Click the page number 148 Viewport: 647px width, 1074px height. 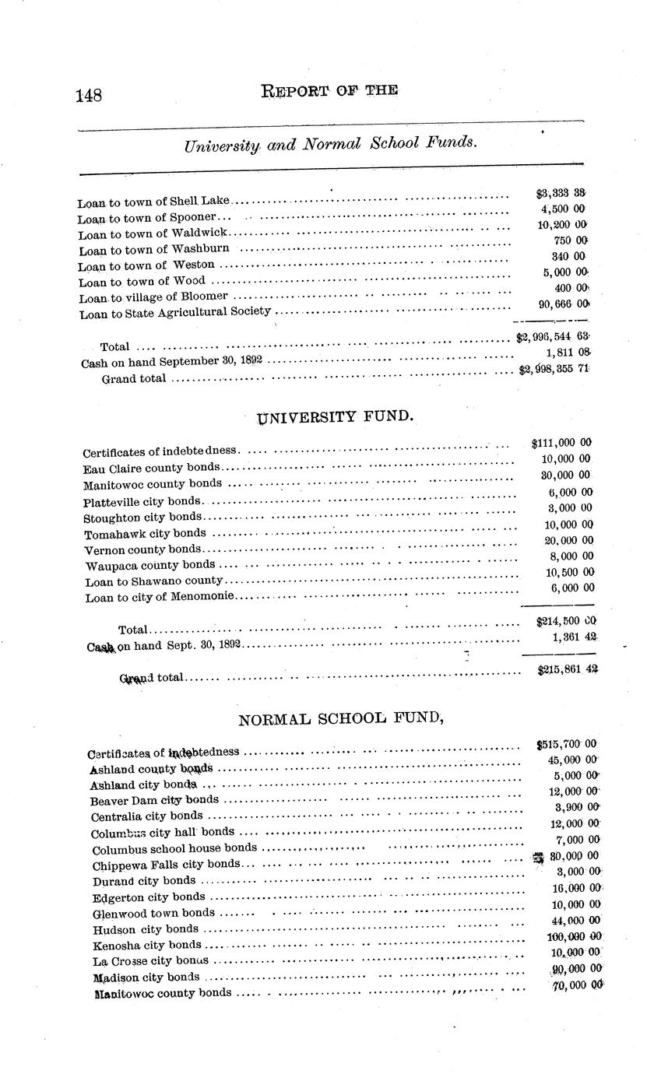[90, 95]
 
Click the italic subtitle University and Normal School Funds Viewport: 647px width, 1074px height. [331, 145]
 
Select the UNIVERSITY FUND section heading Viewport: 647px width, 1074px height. [335, 417]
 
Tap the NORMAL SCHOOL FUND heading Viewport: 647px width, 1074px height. [340, 719]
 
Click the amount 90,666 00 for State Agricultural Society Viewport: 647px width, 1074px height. [563, 304]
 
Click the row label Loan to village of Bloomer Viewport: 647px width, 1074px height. [153, 297]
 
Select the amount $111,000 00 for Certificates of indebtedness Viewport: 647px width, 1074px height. [561, 443]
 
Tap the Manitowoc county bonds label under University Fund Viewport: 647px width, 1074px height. [153, 484]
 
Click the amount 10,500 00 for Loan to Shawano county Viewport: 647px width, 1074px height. [567, 572]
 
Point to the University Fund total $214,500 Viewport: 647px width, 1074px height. [565, 621]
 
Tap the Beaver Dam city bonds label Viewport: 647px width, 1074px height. [154, 800]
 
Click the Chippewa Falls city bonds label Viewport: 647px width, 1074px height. [166, 865]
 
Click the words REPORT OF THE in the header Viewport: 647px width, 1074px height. [330, 90]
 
